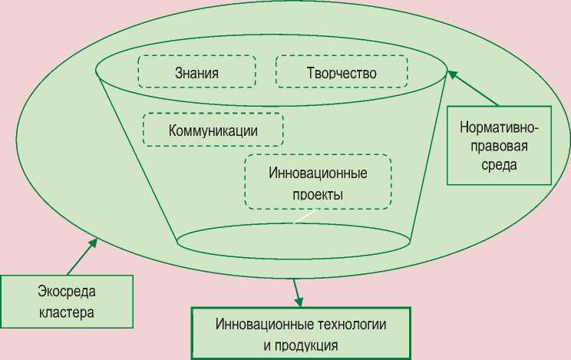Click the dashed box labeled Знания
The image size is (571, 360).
pos(196,71)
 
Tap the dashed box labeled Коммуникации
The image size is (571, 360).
pos(213,130)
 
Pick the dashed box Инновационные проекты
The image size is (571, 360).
pos(318,182)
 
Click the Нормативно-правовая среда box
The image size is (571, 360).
pos(500,145)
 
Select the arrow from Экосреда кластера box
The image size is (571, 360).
pos(82,256)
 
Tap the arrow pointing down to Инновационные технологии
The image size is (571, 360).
pos(295,292)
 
